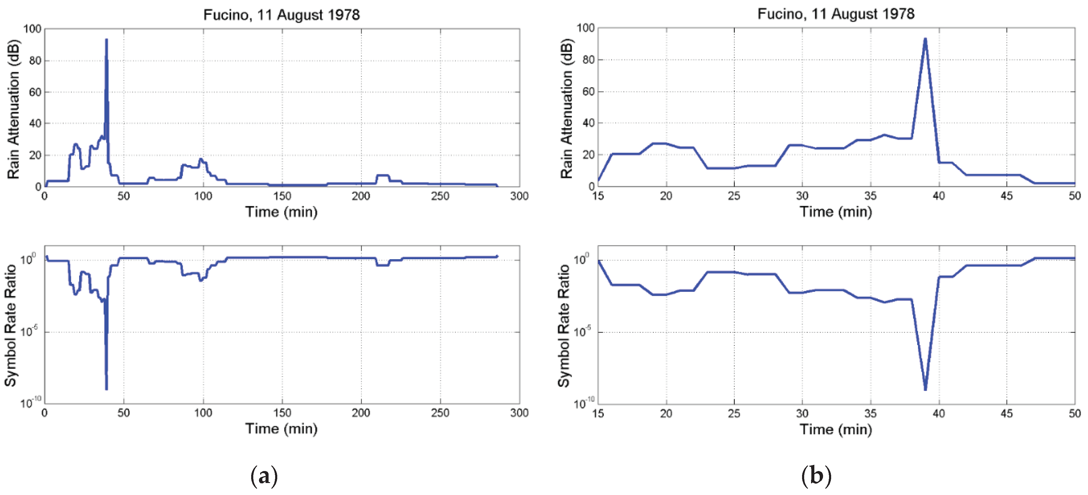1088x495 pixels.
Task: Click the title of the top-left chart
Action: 281,15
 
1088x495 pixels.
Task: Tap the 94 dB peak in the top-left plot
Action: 106,40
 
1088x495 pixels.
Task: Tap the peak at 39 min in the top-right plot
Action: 925,40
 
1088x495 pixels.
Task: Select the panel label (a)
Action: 264,476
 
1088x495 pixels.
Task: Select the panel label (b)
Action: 816,476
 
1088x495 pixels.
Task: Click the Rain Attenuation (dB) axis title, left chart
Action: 13,109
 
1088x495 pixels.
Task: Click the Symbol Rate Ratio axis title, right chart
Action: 564,326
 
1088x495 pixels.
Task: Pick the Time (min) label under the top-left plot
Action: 281,212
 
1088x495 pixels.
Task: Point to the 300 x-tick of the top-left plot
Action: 519,196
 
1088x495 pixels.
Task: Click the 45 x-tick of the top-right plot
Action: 1006,196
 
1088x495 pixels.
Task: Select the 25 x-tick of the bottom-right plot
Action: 734,413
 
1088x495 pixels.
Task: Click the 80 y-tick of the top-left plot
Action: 35,61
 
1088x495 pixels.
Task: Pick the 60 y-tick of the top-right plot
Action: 588,92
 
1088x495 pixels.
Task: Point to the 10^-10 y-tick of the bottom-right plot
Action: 584,403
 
